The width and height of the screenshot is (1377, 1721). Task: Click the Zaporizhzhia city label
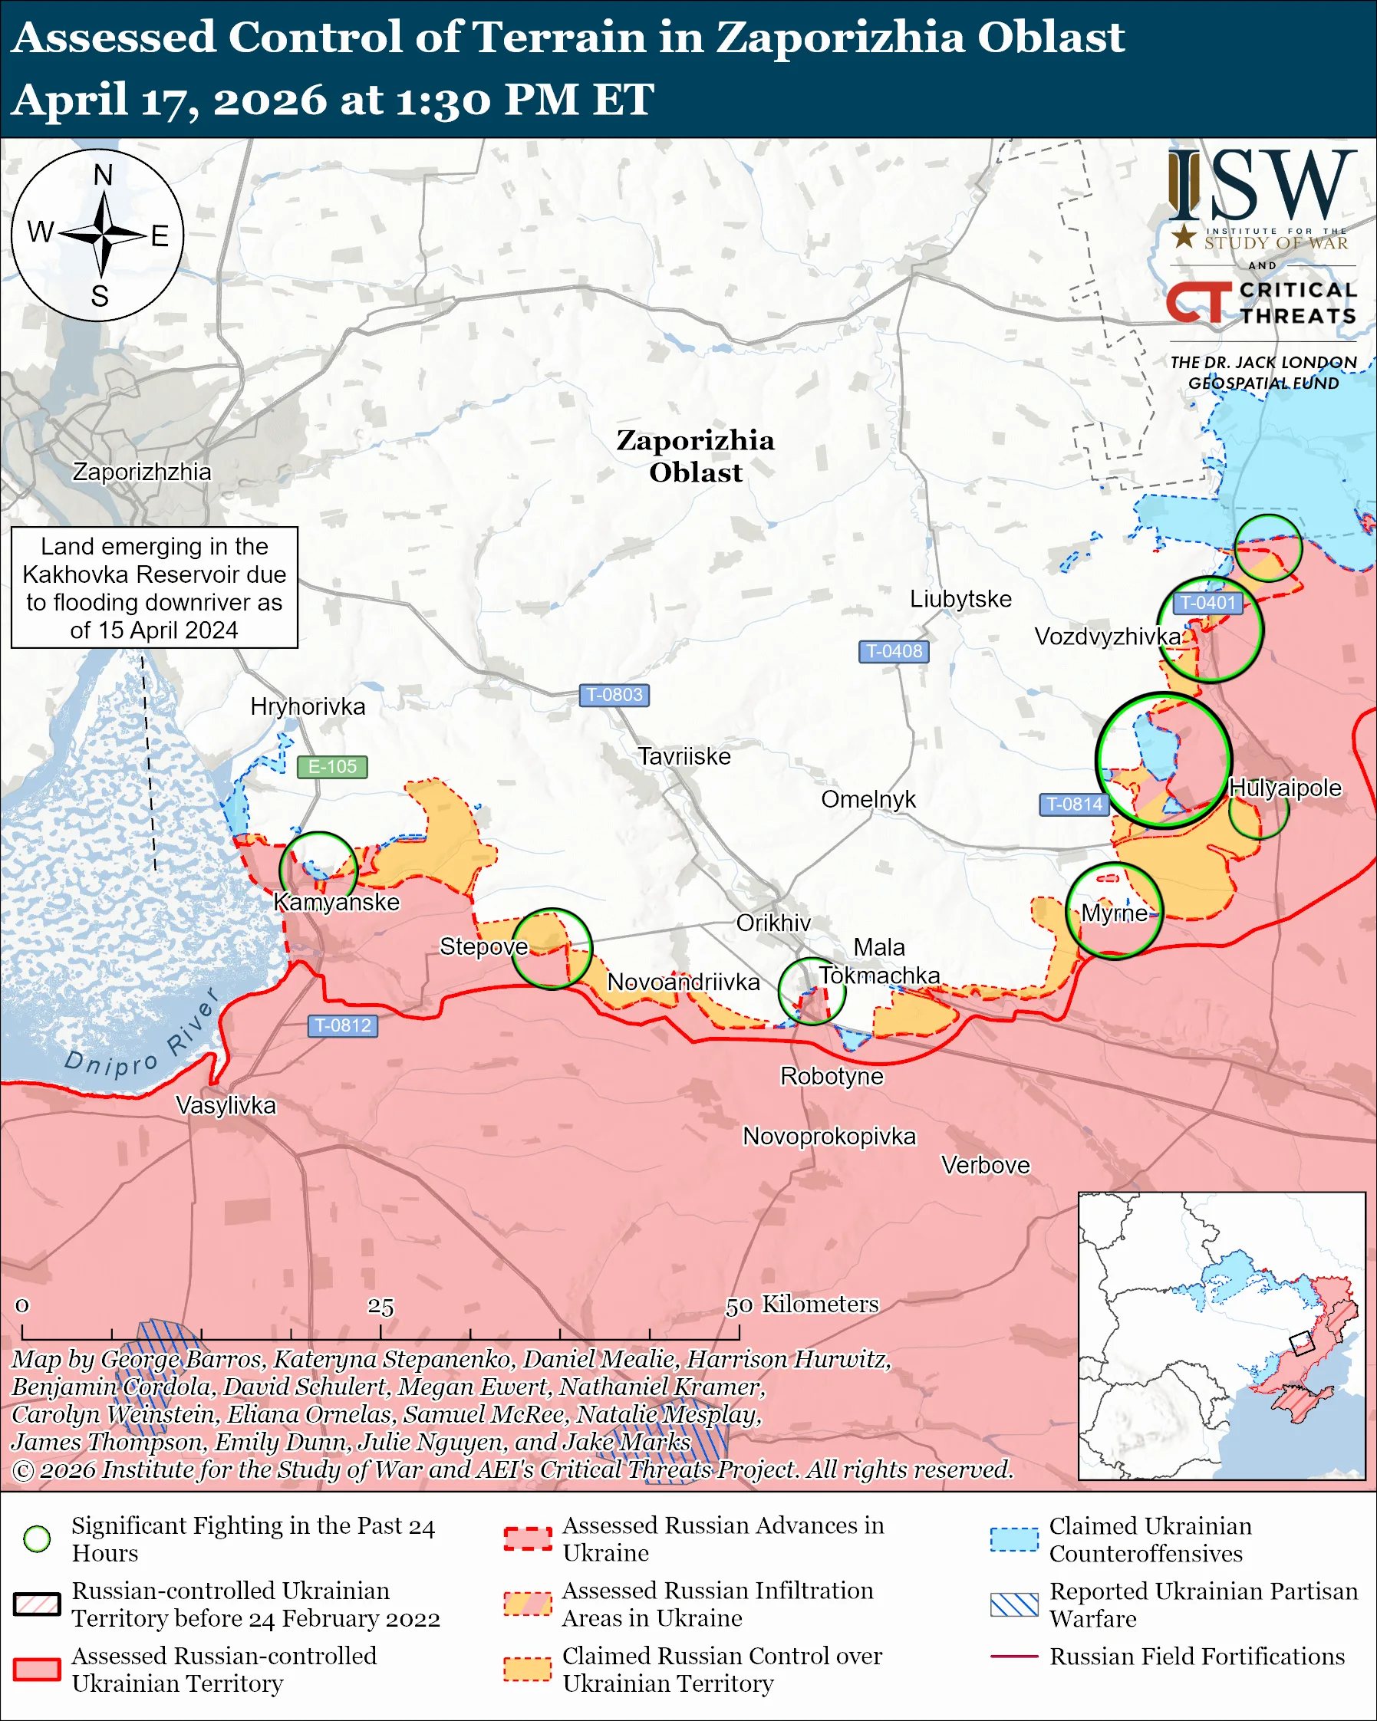pos(142,472)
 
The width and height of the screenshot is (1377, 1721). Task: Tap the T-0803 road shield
pos(613,695)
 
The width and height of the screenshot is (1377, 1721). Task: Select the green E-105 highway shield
pos(332,766)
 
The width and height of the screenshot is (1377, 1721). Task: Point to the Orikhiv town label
pos(773,923)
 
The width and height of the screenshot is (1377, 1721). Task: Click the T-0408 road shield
pos(893,651)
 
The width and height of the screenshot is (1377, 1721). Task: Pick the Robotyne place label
pos(832,1076)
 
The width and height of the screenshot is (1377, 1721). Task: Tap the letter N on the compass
pos(103,175)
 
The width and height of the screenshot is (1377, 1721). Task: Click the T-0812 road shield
pos(342,1025)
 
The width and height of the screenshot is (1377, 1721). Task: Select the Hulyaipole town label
pos(1285,787)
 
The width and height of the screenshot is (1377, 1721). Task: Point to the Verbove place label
pos(985,1165)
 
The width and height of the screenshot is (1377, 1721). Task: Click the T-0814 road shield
pos(1074,804)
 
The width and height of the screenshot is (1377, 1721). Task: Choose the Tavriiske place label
pos(684,756)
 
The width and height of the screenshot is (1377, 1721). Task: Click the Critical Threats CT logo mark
pos(1198,301)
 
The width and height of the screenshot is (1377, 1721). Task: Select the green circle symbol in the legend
pos(38,1539)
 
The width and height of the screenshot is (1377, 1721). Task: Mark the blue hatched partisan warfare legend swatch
pos(1014,1604)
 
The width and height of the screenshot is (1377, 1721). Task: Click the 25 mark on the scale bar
pos(380,1306)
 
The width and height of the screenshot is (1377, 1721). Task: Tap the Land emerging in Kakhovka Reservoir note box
pos(154,587)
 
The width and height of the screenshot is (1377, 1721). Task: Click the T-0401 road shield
pos(1207,603)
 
